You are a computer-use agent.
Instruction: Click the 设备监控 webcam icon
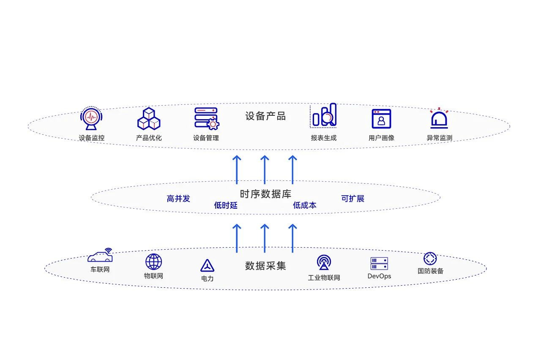pyautogui.click(x=92, y=118)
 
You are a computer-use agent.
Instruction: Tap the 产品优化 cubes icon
pyautogui.click(x=149, y=119)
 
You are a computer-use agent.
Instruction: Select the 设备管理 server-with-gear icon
pyautogui.click(x=206, y=118)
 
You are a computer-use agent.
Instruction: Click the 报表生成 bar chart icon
pyautogui.click(x=324, y=115)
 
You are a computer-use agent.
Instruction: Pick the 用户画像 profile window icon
pyautogui.click(x=381, y=119)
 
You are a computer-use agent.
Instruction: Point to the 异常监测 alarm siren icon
pyautogui.click(x=439, y=118)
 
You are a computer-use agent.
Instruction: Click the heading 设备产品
pyautogui.click(x=265, y=116)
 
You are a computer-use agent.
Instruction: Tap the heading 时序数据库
pyautogui.click(x=265, y=194)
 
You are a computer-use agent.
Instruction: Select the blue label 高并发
pyautogui.click(x=178, y=199)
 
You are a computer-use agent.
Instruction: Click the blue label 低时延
pyautogui.click(x=226, y=205)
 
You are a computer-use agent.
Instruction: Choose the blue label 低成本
pyautogui.click(x=305, y=205)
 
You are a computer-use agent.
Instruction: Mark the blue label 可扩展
pyautogui.click(x=352, y=199)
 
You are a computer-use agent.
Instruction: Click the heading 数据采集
pyautogui.click(x=265, y=266)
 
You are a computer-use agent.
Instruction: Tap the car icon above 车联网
pyautogui.click(x=101, y=256)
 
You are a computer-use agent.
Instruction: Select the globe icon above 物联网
pyautogui.click(x=153, y=262)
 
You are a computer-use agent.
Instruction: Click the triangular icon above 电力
pyautogui.click(x=207, y=265)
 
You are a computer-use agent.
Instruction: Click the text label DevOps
pyautogui.click(x=379, y=276)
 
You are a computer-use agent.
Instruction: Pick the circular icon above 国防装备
pyautogui.click(x=430, y=259)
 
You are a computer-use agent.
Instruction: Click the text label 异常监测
pyautogui.click(x=439, y=138)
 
